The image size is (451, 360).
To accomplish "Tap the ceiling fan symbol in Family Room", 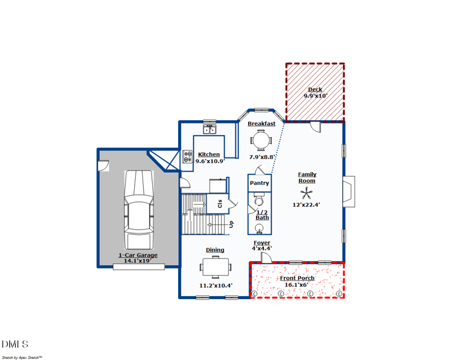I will point(307,194).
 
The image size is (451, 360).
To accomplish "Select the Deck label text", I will point(315,89).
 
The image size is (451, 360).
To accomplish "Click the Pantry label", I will point(259,183).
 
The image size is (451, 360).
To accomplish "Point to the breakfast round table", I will point(261,139).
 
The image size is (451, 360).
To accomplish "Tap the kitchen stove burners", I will point(187,159).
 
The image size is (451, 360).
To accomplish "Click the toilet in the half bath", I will point(259,201).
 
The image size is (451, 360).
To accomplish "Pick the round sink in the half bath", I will point(260,228).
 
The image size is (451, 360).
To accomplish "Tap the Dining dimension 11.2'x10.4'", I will point(216,286).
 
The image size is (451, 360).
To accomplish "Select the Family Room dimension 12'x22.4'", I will point(307,205).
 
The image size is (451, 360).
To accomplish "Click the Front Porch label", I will point(297,278).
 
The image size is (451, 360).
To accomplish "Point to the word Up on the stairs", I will point(231,224).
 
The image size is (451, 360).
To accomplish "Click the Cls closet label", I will point(219,203).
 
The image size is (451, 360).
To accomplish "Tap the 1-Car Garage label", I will point(138,255).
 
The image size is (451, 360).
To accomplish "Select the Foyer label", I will point(262,243).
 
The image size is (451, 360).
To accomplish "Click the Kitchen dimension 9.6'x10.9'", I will point(210,161).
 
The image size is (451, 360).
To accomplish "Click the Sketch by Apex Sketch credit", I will point(22,357).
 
